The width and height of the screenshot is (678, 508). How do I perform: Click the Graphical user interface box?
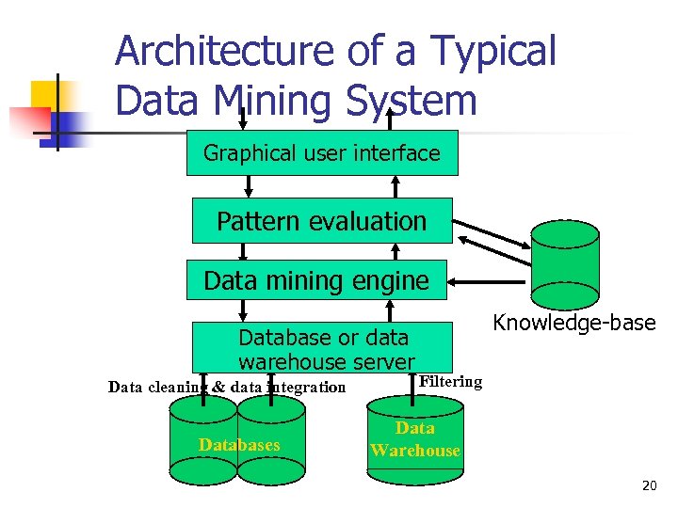click(x=322, y=152)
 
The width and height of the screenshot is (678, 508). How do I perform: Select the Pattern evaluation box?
click(x=322, y=221)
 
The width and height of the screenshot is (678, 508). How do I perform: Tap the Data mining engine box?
click(x=316, y=279)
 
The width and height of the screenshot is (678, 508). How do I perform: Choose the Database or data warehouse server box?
click(x=323, y=348)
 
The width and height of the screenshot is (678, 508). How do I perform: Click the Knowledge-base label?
click(x=574, y=324)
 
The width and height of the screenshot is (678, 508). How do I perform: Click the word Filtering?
click(x=450, y=382)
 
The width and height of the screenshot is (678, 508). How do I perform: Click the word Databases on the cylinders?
click(x=239, y=444)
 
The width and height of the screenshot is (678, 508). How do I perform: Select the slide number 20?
click(x=649, y=485)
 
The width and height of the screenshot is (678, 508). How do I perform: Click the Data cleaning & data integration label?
click(x=227, y=387)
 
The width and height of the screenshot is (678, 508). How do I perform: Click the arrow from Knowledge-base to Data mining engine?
click(x=490, y=281)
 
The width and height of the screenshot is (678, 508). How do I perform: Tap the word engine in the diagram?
click(x=390, y=280)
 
